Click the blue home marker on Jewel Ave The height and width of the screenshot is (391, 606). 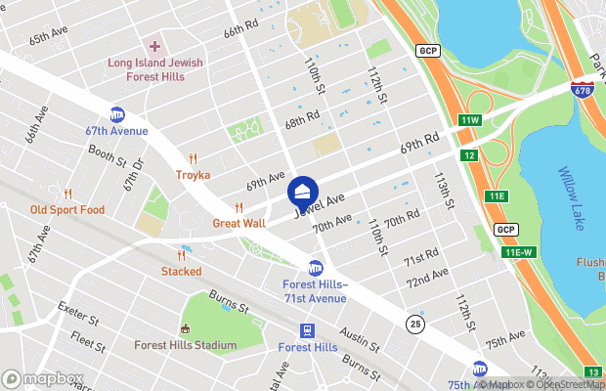[303, 191]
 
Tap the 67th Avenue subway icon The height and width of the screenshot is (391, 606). [117, 114]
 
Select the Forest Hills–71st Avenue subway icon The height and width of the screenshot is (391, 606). [316, 267]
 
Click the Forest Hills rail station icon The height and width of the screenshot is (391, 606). [307, 330]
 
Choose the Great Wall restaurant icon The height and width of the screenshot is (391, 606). [238, 206]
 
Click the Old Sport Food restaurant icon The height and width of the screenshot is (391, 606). [67, 193]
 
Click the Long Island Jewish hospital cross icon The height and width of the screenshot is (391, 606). [153, 46]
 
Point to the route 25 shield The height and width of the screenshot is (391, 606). [415, 324]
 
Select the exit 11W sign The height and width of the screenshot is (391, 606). [470, 120]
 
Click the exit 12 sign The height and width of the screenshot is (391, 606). [470, 155]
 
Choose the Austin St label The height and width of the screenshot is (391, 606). [361, 342]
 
